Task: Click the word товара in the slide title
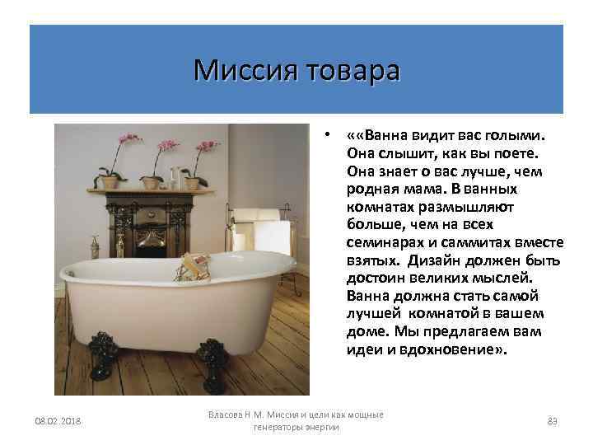[x=352, y=70]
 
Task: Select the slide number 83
[x=553, y=422]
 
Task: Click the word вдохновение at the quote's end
[x=463, y=349]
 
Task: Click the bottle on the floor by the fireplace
[x=95, y=247]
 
